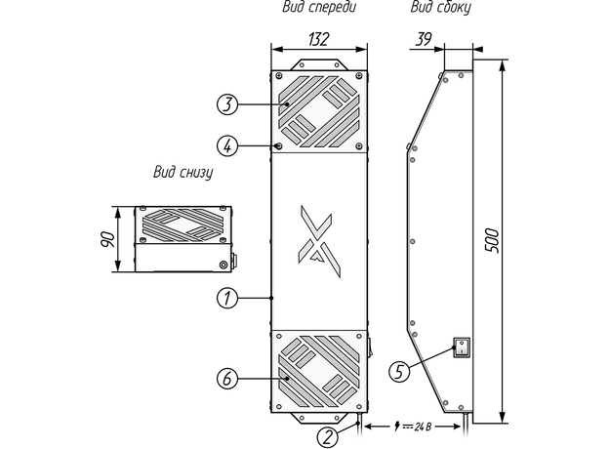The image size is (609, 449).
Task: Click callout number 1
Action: (225, 298)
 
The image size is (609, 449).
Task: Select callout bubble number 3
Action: (225, 102)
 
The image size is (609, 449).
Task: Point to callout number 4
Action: (225, 145)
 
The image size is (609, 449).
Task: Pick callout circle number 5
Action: (397, 370)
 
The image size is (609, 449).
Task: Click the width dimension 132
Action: (317, 39)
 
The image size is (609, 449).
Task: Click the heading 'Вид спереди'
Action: (318, 8)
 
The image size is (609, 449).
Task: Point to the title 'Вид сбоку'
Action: (439, 8)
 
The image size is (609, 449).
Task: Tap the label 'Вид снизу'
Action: (183, 173)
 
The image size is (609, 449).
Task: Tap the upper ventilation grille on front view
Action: (318, 111)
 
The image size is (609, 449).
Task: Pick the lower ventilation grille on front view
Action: (318, 372)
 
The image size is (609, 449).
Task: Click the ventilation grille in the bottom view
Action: (184, 226)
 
